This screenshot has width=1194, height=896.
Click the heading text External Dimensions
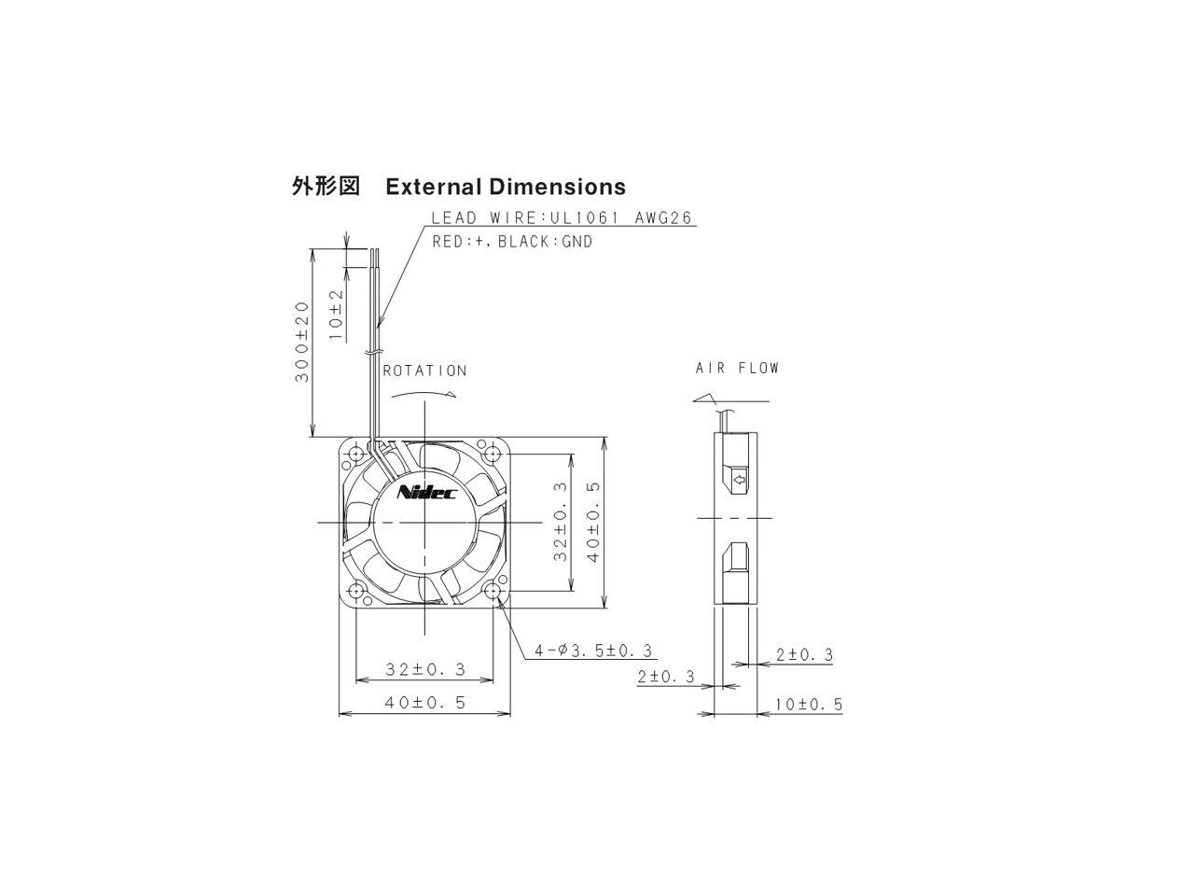(x=505, y=187)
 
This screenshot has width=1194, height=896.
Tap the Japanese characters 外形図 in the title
(x=326, y=187)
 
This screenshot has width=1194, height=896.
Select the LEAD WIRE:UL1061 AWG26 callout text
(x=561, y=218)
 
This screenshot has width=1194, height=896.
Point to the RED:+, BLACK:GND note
(x=512, y=242)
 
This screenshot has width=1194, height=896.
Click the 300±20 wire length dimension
(x=301, y=342)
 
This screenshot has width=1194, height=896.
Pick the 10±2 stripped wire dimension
(x=336, y=311)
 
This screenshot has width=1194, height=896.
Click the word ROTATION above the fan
(x=424, y=371)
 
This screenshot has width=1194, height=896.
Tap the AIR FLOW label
(x=736, y=368)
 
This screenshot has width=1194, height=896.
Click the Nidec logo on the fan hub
(x=426, y=492)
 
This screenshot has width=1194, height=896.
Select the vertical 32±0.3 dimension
(x=560, y=521)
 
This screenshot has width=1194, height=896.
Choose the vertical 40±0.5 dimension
(x=594, y=521)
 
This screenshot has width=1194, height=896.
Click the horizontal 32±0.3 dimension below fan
(x=424, y=669)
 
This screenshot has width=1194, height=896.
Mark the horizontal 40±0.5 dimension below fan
(x=424, y=703)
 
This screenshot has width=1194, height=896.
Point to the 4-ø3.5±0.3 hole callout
(x=593, y=651)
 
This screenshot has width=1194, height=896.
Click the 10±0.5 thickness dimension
(x=808, y=704)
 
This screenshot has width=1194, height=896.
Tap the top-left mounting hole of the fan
(x=355, y=455)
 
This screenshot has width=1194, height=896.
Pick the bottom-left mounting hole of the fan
(x=355, y=591)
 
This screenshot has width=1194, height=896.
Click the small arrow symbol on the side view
(x=739, y=481)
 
